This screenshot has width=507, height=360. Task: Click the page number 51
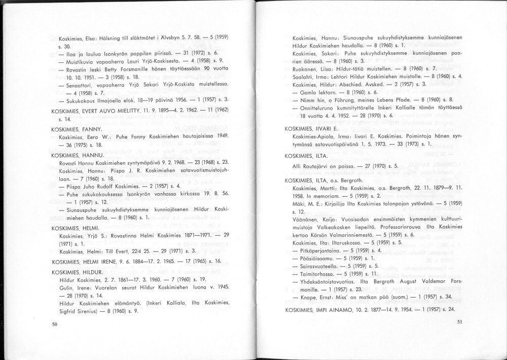click(459, 321)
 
